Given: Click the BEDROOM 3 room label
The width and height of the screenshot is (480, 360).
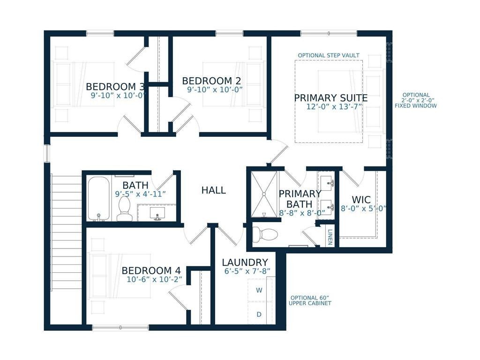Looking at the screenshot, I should coord(115,87).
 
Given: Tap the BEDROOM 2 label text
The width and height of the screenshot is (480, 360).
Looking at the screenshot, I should coord(207,81).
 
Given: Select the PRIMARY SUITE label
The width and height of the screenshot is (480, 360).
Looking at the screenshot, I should coord(330,98).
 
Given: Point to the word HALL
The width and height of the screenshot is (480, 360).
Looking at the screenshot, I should coord(213,190).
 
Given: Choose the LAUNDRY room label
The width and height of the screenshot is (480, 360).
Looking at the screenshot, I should coord(245,262).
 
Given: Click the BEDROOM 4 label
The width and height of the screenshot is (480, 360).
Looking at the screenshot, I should coord(151,270).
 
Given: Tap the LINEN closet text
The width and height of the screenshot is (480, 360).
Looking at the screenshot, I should coord(330,236).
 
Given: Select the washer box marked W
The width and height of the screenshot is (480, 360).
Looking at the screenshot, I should coord(259,291).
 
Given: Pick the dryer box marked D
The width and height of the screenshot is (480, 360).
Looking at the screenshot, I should coord(259,315).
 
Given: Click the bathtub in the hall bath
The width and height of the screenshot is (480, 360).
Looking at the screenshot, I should coord(98,198).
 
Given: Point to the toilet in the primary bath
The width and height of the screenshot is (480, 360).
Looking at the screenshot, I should coord(266,233).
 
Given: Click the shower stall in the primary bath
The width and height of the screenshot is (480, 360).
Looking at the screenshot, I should coord(264,194).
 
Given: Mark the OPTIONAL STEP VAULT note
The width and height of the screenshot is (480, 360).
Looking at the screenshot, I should coord(329,55).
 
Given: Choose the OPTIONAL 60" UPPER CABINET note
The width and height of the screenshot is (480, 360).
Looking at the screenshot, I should coord(310,300).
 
